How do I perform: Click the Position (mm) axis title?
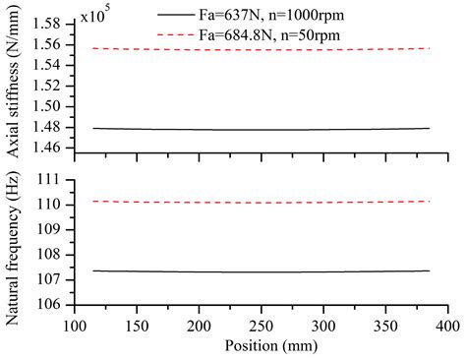point(261,346)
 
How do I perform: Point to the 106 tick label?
point(54,304)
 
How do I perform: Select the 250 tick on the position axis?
point(261,324)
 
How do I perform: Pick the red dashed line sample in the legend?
point(200,32)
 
